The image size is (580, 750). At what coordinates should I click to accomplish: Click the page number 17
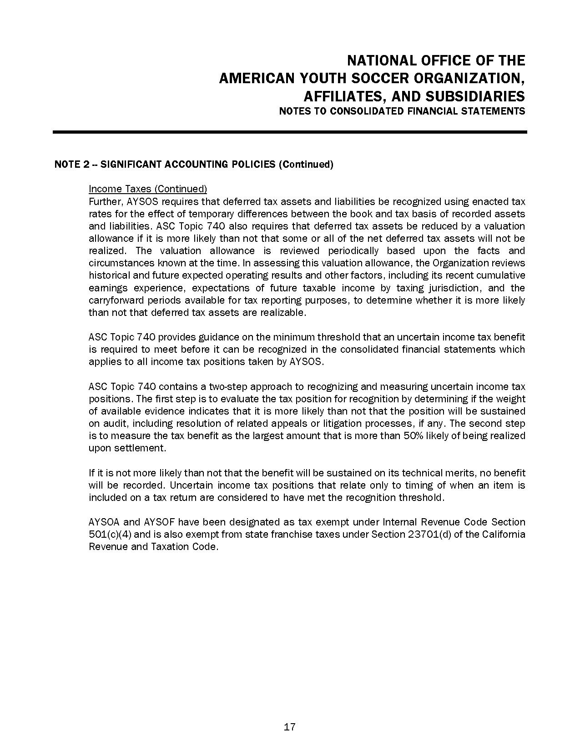click(x=290, y=727)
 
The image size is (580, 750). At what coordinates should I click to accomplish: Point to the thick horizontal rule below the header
click(x=290, y=132)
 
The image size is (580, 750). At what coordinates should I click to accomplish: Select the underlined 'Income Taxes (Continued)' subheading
click(x=148, y=189)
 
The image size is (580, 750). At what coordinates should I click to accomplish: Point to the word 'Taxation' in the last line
click(x=171, y=547)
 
